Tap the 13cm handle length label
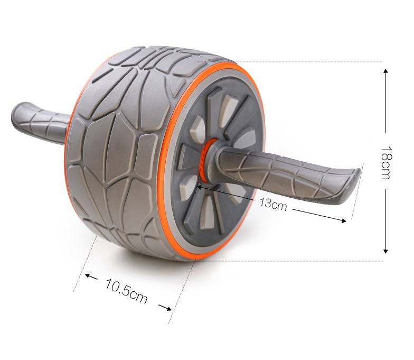[x=272, y=204]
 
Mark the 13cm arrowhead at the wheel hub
[x=200, y=185]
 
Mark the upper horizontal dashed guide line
[x=317, y=62]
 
